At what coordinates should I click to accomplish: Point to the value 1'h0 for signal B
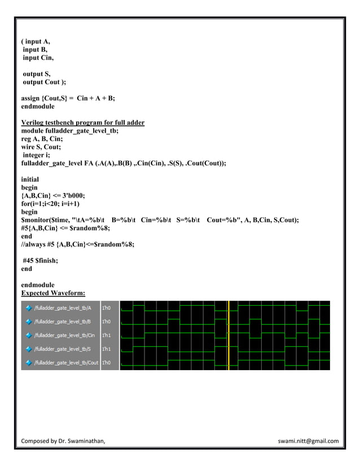tap(107, 322)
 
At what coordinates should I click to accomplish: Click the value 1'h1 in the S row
tap(107, 349)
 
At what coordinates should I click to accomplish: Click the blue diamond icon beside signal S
tap(28, 349)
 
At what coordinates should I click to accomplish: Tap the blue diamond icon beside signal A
tap(28, 308)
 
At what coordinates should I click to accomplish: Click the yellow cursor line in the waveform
tap(229, 335)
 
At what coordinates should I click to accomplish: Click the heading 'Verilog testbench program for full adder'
tap(83, 122)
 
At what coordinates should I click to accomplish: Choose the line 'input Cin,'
tap(39, 58)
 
